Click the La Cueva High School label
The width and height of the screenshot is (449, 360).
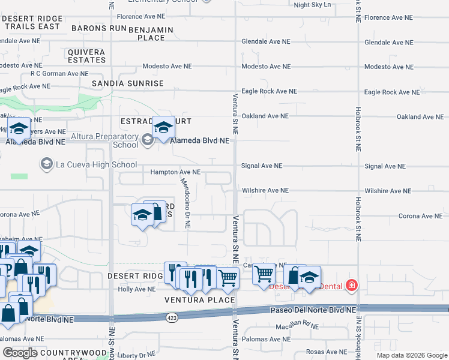pyautogui.click(x=97, y=164)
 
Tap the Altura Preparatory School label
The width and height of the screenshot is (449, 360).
pyautogui.click(x=104, y=140)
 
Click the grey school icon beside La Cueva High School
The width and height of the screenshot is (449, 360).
pyautogui.click(x=46, y=163)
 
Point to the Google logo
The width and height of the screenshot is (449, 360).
pyautogui.click(x=20, y=353)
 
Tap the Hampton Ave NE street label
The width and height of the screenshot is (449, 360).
pyautogui.click(x=175, y=172)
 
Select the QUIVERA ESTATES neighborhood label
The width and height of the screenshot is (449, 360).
pyautogui.click(x=87, y=56)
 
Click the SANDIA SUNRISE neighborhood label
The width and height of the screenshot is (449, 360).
pyautogui.click(x=127, y=83)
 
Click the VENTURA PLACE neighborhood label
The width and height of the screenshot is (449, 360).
pyautogui.click(x=200, y=299)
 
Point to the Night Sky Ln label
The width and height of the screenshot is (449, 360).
pyautogui.click(x=312, y=5)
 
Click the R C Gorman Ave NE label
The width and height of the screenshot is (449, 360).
pyautogui.click(x=59, y=74)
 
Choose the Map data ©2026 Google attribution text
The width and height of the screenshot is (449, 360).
pyautogui.click(x=412, y=355)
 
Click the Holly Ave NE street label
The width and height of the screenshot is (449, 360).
pyautogui.click(x=137, y=289)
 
